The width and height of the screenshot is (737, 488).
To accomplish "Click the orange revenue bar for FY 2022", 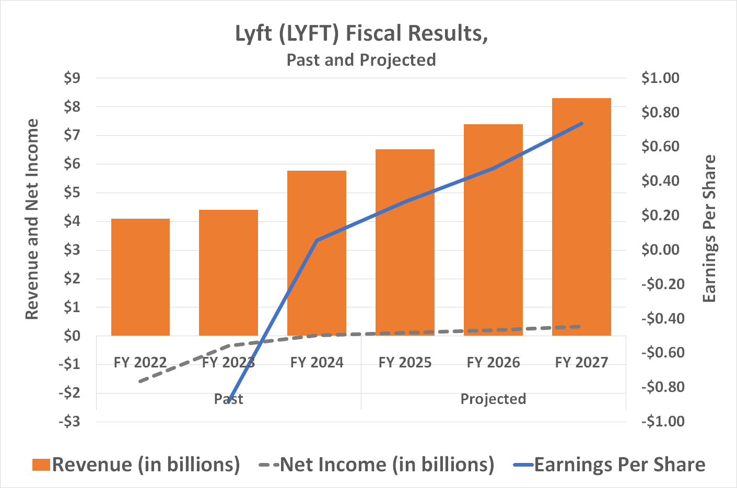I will click(x=141, y=277).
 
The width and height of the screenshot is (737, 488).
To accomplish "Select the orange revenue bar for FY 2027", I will click(x=581, y=217).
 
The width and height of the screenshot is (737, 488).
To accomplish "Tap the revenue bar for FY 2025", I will click(x=405, y=242).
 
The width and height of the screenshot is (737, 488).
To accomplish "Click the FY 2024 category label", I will click(x=317, y=362).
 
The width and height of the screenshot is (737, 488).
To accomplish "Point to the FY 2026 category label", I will click(x=493, y=362).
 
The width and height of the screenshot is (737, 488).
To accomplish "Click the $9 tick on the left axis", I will click(x=72, y=78).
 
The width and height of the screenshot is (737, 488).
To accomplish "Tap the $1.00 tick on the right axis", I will click(x=660, y=78).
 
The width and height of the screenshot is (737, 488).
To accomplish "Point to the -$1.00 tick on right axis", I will click(x=662, y=421).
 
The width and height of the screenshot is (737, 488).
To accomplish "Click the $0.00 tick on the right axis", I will click(x=660, y=249).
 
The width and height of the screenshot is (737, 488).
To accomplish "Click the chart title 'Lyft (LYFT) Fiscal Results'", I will click(x=361, y=33).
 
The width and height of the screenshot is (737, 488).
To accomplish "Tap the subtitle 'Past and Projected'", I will click(x=361, y=60).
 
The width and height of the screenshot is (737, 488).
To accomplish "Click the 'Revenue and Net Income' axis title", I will click(x=32, y=219).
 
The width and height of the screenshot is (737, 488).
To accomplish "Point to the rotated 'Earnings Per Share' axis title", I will click(x=709, y=229).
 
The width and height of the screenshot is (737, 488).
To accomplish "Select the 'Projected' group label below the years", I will click(x=493, y=399).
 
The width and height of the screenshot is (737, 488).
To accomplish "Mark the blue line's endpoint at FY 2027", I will click(x=581, y=124).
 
